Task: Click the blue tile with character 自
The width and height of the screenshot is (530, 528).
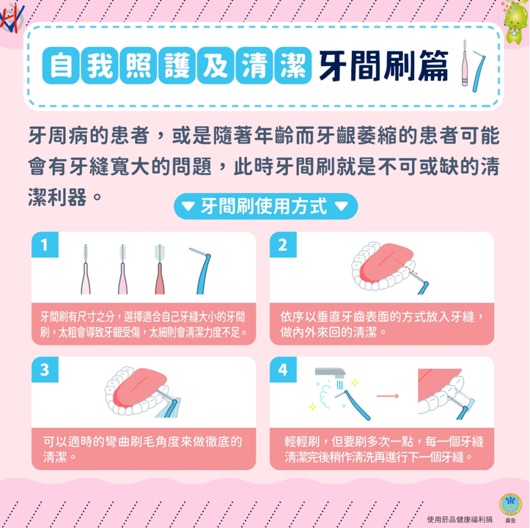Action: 61,65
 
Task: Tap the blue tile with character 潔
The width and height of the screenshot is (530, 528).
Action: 293,65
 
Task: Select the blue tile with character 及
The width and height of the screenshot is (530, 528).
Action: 216,65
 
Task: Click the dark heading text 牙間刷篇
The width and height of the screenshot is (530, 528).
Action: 384,66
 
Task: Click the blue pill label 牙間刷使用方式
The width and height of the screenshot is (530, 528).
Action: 265,206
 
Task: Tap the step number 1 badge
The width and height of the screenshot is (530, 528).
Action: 45,244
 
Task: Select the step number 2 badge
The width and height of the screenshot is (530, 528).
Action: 283,244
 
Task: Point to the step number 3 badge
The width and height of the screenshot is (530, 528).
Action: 45,370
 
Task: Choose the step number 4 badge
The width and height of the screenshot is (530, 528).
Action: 283,370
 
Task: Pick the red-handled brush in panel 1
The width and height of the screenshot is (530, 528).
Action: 160,269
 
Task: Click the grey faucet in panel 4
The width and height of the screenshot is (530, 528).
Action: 330,373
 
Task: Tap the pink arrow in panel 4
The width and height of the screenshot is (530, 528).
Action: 388,396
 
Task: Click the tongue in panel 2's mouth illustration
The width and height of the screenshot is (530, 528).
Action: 386,263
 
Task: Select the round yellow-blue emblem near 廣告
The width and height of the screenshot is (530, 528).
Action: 510,504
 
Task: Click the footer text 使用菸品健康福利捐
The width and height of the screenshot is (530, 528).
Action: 460,519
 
